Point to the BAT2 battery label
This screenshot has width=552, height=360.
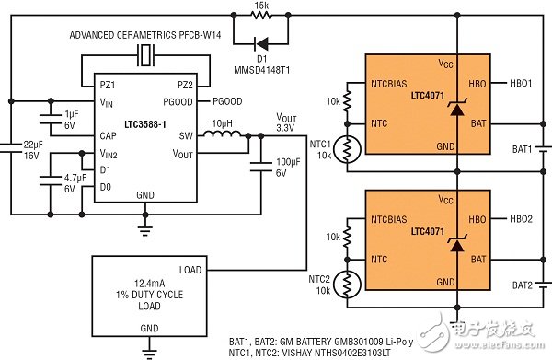click(x=521, y=285)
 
